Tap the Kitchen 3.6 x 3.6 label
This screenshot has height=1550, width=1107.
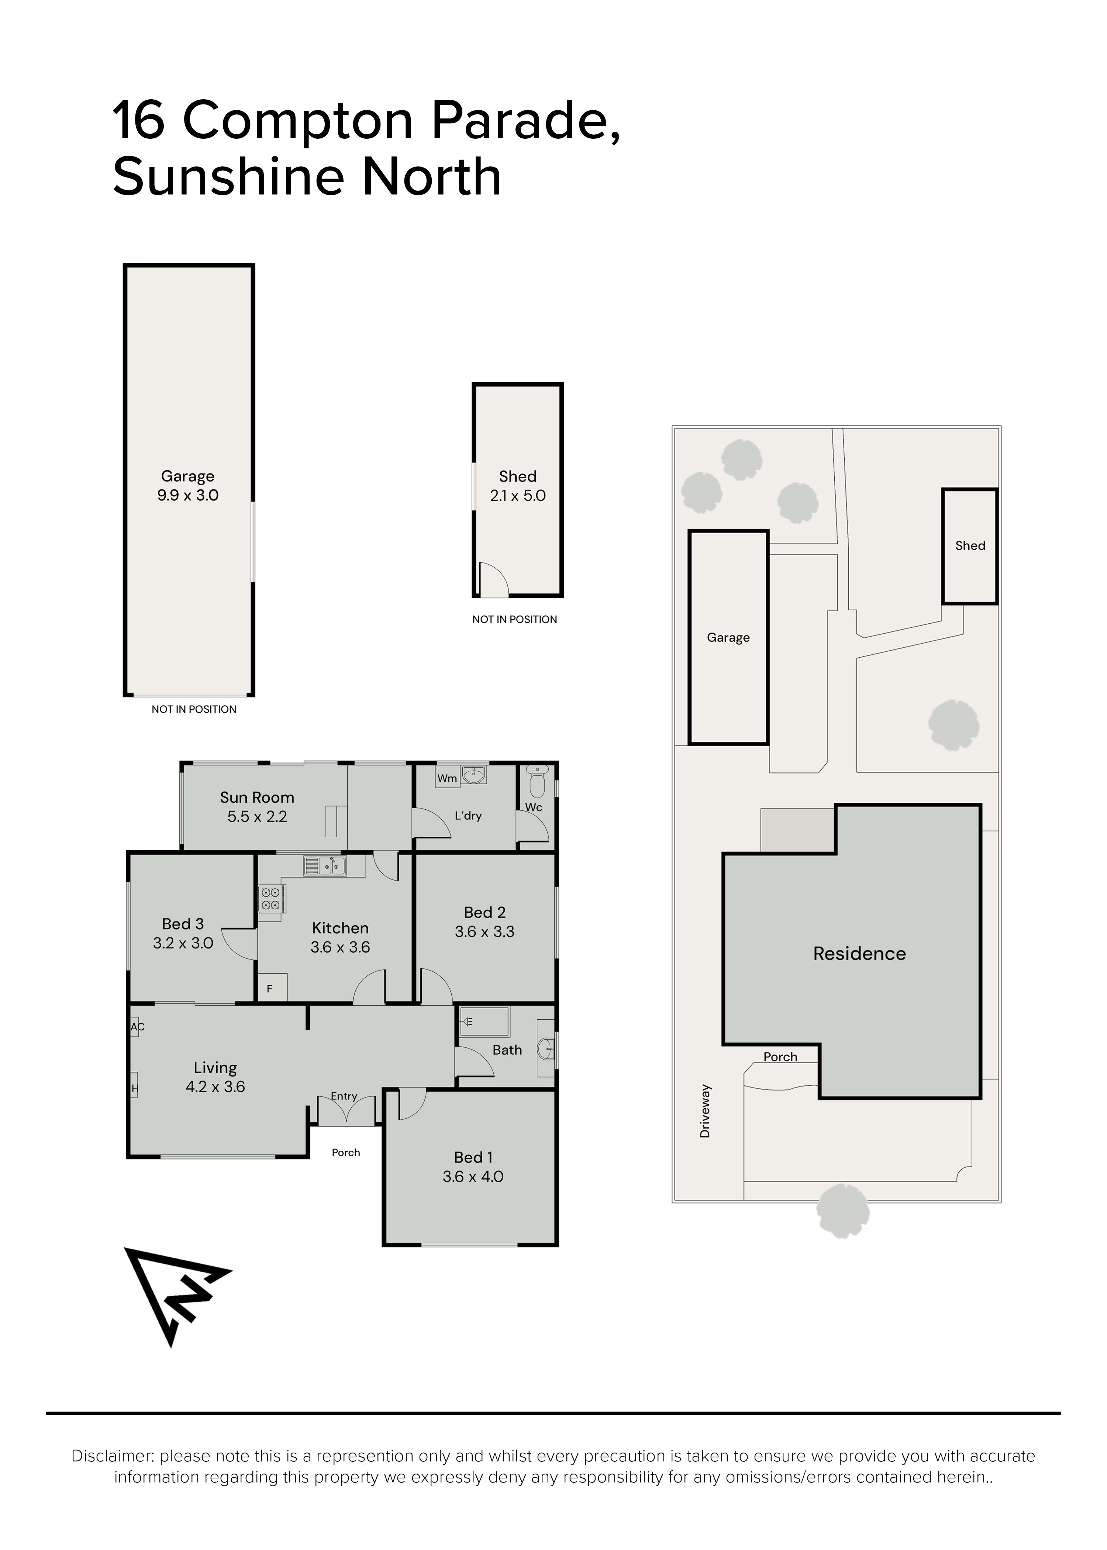[x=340, y=937]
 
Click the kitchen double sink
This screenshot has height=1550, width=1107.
[x=326, y=866]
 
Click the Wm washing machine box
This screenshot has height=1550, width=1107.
[x=447, y=778]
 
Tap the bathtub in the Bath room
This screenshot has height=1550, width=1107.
[x=484, y=1022]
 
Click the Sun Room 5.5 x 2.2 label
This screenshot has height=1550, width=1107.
[x=257, y=807]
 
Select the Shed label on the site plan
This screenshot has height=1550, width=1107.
[x=970, y=545]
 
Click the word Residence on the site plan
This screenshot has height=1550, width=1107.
[x=859, y=954]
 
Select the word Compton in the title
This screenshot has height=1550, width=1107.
[x=298, y=120]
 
